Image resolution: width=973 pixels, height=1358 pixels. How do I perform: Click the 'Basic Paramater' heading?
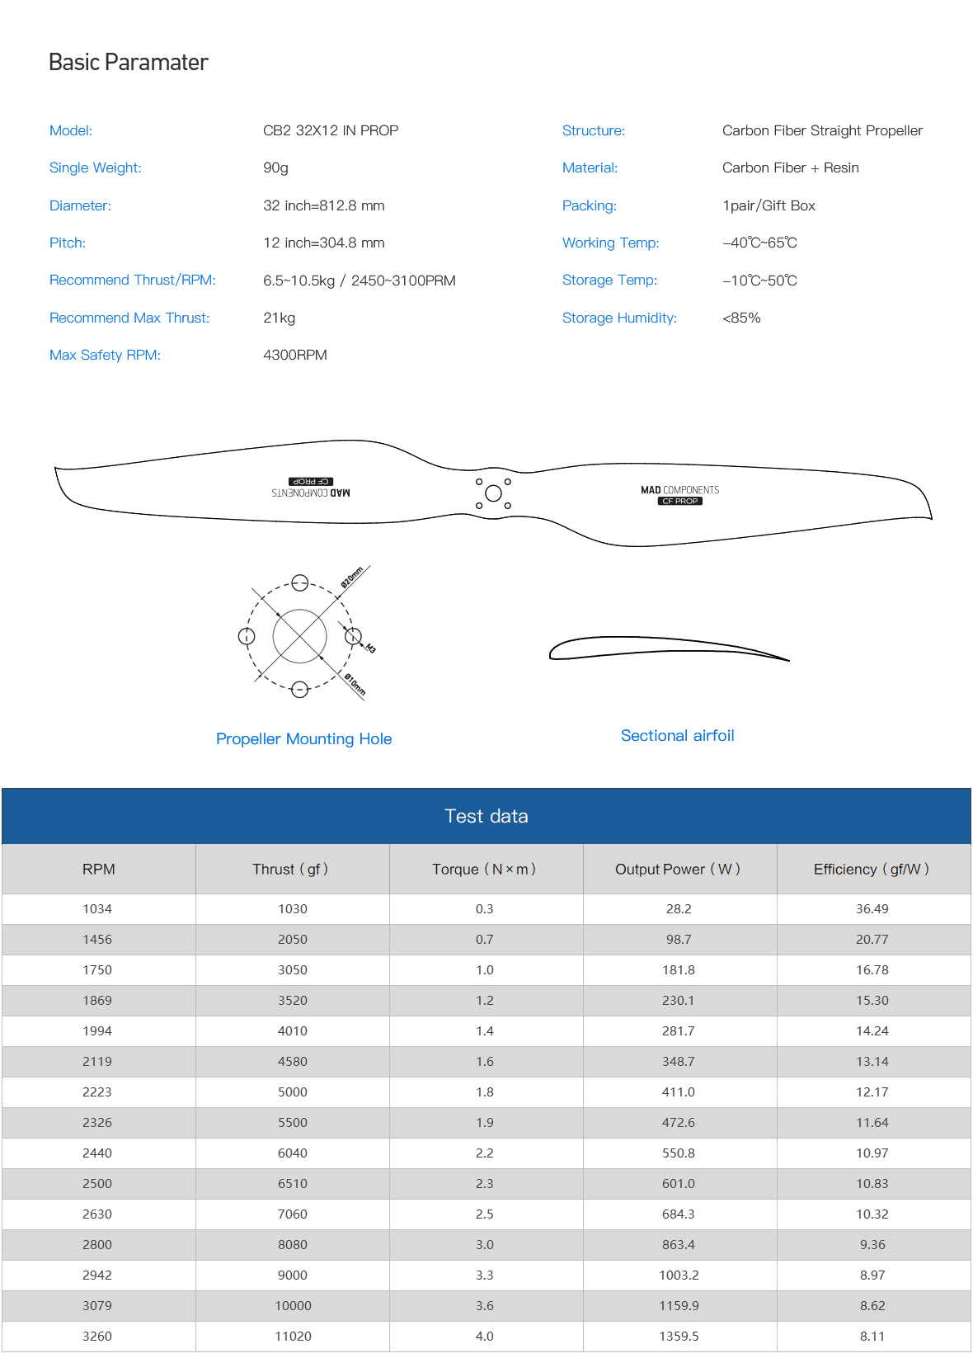(x=128, y=63)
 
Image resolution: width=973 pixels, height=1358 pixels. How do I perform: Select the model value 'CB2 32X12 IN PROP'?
(x=330, y=130)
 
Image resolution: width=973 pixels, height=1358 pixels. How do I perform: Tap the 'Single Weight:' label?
(x=95, y=167)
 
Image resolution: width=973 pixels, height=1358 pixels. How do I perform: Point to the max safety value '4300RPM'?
(x=294, y=355)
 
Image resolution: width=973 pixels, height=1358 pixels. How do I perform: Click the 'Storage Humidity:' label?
(x=618, y=318)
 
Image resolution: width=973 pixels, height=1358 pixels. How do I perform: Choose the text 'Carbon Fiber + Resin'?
(x=790, y=167)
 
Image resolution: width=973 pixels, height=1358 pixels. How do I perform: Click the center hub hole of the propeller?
(x=493, y=493)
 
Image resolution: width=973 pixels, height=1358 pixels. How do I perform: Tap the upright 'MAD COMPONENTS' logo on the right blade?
(x=679, y=490)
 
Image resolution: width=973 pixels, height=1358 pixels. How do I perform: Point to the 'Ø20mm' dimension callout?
(x=352, y=578)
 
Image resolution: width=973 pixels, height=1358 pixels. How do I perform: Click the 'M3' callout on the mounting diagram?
(x=370, y=648)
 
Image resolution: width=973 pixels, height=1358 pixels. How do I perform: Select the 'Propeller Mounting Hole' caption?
(x=303, y=738)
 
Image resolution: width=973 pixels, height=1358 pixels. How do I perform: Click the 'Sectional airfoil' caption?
(x=677, y=735)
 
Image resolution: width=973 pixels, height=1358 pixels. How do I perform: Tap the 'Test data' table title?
(x=486, y=816)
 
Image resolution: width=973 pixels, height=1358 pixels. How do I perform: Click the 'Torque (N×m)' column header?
(x=484, y=869)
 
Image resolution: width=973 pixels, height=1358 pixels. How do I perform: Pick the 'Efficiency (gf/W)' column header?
(x=871, y=869)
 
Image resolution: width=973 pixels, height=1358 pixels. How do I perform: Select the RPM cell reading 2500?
(x=97, y=1183)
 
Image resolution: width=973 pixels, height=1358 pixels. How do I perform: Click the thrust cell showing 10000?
(x=293, y=1305)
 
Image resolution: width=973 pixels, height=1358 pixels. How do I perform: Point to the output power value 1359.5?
(x=679, y=1336)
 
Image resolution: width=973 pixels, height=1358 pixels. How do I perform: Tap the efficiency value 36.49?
(x=872, y=908)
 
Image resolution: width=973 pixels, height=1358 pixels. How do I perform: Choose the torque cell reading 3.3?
(x=484, y=1275)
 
